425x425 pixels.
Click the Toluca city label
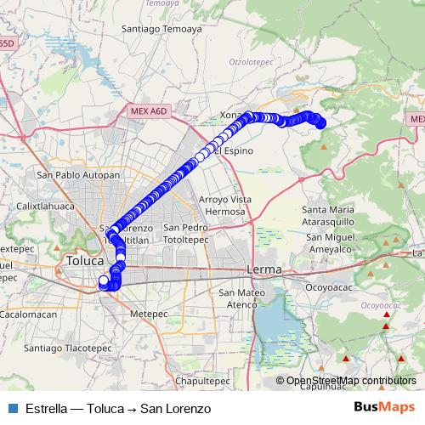click(x=83, y=261)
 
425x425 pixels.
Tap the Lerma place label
click(x=263, y=269)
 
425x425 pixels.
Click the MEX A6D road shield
click(x=150, y=110)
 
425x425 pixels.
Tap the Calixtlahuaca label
click(x=47, y=206)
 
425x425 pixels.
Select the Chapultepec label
click(x=201, y=381)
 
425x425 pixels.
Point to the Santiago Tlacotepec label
click(x=68, y=348)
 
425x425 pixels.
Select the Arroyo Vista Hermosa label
click(x=225, y=205)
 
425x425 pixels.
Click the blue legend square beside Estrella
click(x=13, y=408)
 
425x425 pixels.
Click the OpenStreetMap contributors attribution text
click(x=351, y=381)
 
